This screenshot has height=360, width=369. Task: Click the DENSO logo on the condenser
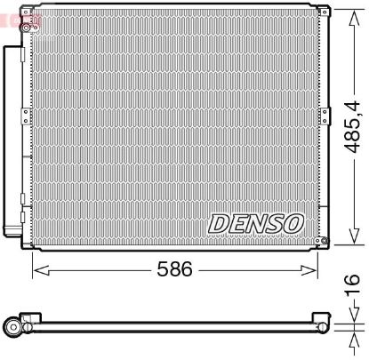click(257, 223)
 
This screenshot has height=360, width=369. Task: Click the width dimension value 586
click(173, 268)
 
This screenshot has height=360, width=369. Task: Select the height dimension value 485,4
click(353, 124)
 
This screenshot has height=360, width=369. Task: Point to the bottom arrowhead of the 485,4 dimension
click(353, 239)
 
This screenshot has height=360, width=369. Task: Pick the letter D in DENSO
click(219, 223)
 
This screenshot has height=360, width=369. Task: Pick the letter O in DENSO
click(294, 223)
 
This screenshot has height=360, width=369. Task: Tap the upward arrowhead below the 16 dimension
click(353, 335)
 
